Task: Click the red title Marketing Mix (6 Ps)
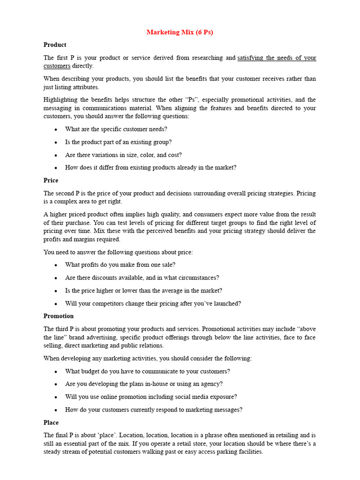point(180,32)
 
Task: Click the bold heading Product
point(55,45)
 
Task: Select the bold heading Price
point(51,180)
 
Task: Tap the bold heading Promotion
point(59,316)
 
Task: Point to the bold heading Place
point(51,422)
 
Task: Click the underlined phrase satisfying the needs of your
point(277,58)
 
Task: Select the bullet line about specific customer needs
point(116,129)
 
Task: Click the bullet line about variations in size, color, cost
point(123,155)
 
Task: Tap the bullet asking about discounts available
point(142,278)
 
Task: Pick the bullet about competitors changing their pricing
point(153,304)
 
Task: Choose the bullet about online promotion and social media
point(151,397)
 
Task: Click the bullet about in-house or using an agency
point(144,384)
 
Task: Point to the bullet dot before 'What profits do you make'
point(56,265)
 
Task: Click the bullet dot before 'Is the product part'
point(56,142)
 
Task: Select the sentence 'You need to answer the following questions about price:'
point(118,252)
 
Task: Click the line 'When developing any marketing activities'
point(148,359)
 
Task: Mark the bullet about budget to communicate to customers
point(148,371)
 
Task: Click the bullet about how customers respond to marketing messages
point(154,410)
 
